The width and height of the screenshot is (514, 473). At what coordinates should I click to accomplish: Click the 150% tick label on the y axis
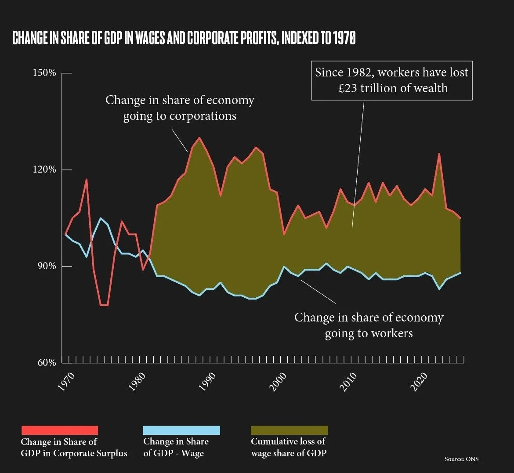click(x=44, y=73)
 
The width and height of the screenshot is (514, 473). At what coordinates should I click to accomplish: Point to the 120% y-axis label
click(x=44, y=170)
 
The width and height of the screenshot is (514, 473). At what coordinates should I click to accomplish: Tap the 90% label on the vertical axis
click(x=47, y=266)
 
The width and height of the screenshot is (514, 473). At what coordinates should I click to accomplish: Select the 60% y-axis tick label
click(x=47, y=362)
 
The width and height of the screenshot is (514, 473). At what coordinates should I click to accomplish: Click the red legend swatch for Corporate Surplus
click(x=60, y=430)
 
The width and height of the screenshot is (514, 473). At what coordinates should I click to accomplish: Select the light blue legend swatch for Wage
click(x=181, y=430)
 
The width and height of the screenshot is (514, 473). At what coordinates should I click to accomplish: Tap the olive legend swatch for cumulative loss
click(x=289, y=430)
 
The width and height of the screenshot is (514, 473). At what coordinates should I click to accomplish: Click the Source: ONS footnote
click(x=462, y=459)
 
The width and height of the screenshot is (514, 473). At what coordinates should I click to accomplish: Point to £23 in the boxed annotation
click(x=348, y=88)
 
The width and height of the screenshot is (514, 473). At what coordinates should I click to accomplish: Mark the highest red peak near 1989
click(x=199, y=138)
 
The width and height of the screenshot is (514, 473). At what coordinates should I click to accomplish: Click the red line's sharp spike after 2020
click(x=439, y=154)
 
